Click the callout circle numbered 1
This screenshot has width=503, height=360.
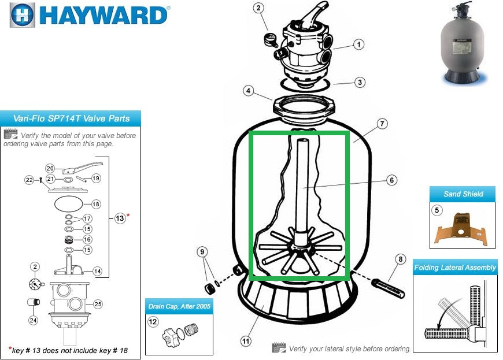click(x=359, y=44)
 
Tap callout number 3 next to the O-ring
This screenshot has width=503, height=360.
click(x=360, y=83)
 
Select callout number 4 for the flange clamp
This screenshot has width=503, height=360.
click(x=248, y=91)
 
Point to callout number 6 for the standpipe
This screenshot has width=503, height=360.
click(x=391, y=180)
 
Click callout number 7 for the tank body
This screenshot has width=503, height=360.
click(x=383, y=124)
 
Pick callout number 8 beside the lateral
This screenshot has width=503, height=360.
click(x=400, y=259)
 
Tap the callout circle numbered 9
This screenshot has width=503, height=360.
click(x=202, y=251)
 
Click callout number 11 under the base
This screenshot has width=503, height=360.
click(x=246, y=342)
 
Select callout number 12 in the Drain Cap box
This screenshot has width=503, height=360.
click(x=153, y=321)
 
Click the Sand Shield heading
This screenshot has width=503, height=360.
click(x=463, y=194)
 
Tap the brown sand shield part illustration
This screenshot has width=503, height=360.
click(x=463, y=229)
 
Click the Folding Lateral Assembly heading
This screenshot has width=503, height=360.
click(x=455, y=268)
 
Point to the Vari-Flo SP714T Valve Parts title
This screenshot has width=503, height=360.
click(x=72, y=119)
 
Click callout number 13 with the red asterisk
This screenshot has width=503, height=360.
click(x=120, y=218)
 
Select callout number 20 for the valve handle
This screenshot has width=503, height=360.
click(x=50, y=168)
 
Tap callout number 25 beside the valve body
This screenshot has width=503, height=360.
click(x=98, y=305)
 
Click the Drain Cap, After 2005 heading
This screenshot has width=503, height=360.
click(x=179, y=306)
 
